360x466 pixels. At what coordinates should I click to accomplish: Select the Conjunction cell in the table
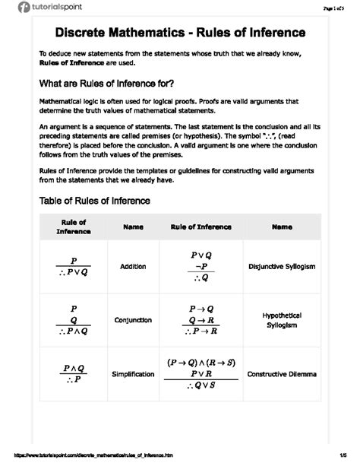[132, 320]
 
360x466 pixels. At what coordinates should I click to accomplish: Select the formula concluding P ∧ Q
[74, 320]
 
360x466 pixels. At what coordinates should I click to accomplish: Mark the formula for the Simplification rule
[74, 375]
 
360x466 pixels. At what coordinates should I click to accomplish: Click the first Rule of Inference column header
[74, 227]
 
